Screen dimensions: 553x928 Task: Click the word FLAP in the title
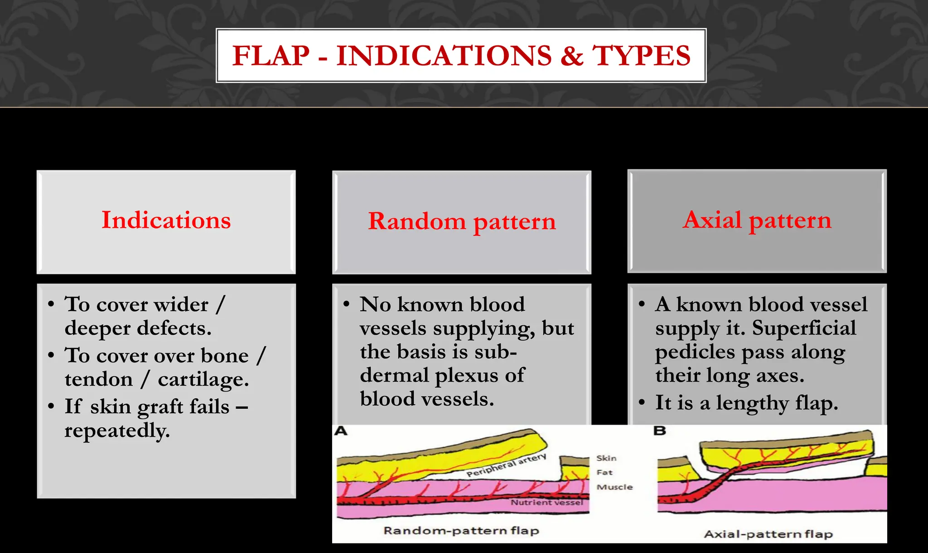pyautogui.click(x=271, y=56)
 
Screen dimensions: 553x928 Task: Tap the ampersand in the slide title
pyautogui.click(x=572, y=56)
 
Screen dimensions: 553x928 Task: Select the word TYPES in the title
pyautogui.click(x=642, y=56)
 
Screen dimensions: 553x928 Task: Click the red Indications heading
pyautogui.click(x=166, y=220)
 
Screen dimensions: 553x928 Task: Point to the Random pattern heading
pyautogui.click(x=462, y=222)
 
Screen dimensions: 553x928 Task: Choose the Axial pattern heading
pyautogui.click(x=757, y=220)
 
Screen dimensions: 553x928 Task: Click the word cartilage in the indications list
pyautogui.click(x=203, y=379)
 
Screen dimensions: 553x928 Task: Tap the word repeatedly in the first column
pyautogui.click(x=117, y=430)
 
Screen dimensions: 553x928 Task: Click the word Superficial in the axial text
pyautogui.click(x=804, y=328)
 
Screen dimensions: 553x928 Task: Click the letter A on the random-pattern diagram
pyautogui.click(x=341, y=431)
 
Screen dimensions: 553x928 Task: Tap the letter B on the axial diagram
pyautogui.click(x=660, y=431)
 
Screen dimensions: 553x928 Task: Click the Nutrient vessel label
pyautogui.click(x=547, y=503)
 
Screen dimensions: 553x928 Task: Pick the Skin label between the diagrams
pyautogui.click(x=606, y=458)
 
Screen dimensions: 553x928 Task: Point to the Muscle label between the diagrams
pyautogui.click(x=614, y=487)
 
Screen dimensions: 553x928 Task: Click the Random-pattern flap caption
pyautogui.click(x=461, y=531)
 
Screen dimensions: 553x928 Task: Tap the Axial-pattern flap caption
pyautogui.click(x=768, y=534)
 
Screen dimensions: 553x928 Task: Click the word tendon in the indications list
pyautogui.click(x=98, y=379)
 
